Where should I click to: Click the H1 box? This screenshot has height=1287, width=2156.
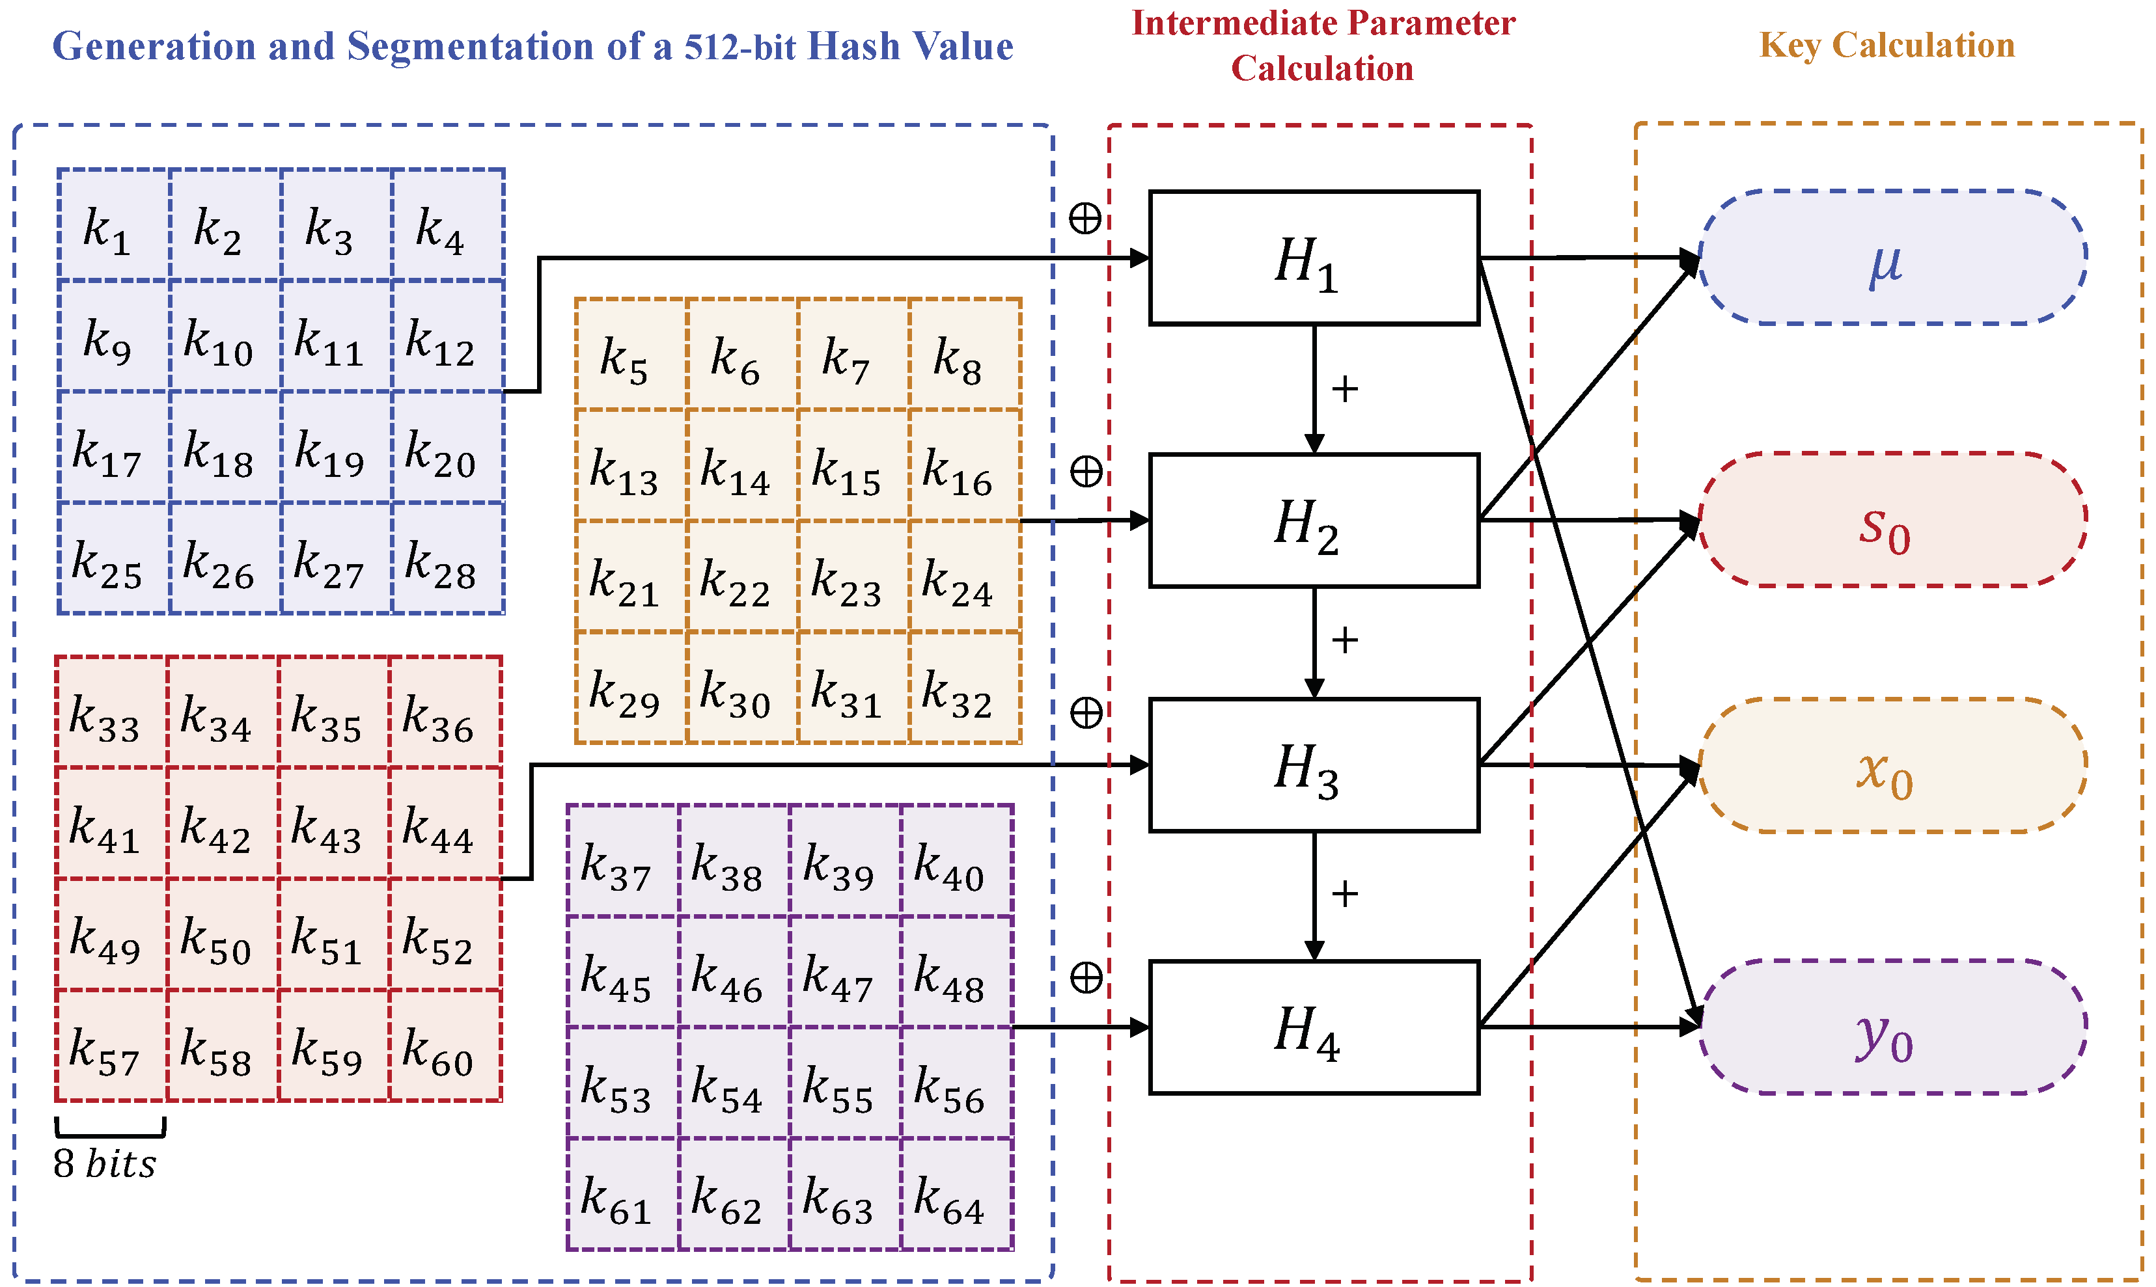tap(1314, 258)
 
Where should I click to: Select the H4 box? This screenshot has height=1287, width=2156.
tap(1314, 1027)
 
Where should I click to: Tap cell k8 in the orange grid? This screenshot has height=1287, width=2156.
tap(965, 355)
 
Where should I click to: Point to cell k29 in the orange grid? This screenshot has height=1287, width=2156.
tap(631, 688)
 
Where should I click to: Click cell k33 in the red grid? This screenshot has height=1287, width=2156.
tap(110, 712)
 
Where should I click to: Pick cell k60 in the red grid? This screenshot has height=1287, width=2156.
tap(445, 1046)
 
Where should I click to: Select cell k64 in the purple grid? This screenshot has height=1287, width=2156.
tap(956, 1194)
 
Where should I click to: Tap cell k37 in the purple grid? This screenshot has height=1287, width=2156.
tap(622, 860)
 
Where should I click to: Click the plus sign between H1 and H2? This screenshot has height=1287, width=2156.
tap(1344, 389)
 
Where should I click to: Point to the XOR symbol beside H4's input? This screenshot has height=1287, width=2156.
tap(1085, 977)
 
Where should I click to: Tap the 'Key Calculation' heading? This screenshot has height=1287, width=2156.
tap(1886, 45)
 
